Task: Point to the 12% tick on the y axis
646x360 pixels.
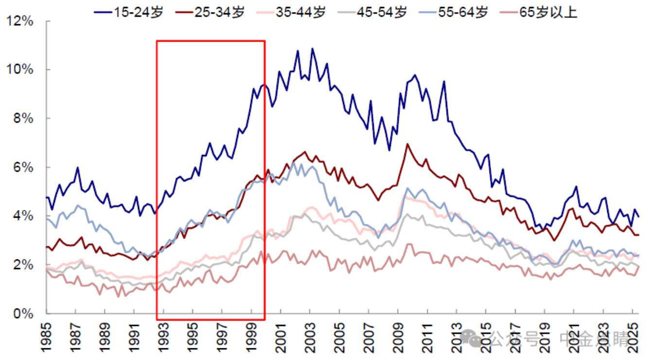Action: pyautogui.click(x=22, y=21)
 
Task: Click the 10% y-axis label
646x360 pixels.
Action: pyautogui.click(x=22, y=69)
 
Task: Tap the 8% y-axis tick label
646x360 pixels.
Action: pyautogui.click(x=25, y=119)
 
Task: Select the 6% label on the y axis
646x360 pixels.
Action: pyautogui.click(x=25, y=168)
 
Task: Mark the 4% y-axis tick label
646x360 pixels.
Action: pyautogui.click(x=25, y=216)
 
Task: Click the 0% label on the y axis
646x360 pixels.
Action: pyautogui.click(x=25, y=314)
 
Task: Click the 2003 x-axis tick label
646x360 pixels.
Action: pyautogui.click(x=311, y=336)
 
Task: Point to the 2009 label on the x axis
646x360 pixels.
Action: pyautogui.click(x=398, y=336)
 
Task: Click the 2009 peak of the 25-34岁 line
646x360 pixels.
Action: pyautogui.click(x=407, y=144)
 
